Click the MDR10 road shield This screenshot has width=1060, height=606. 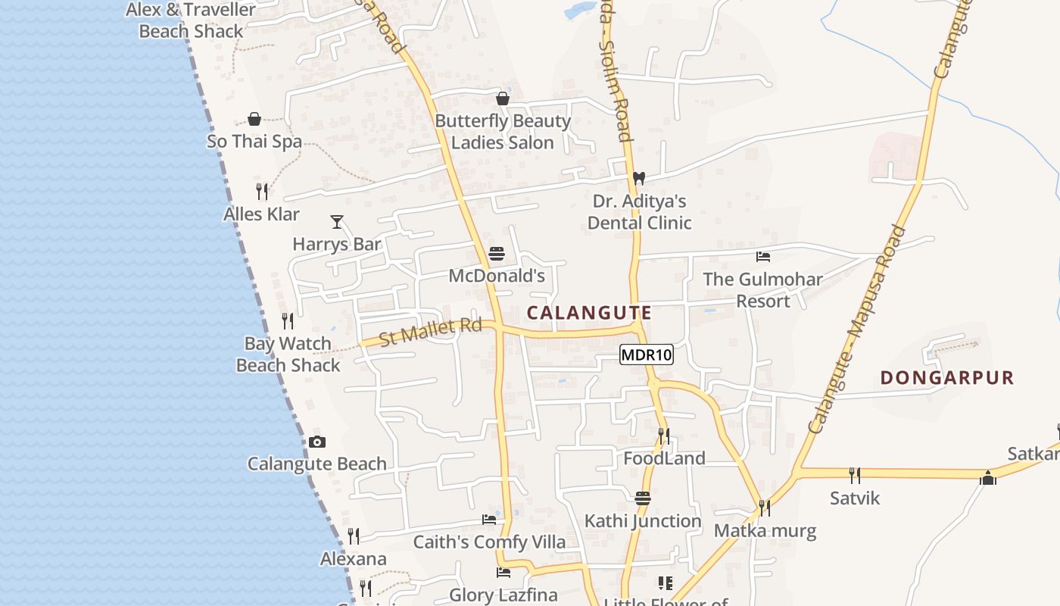(647, 355)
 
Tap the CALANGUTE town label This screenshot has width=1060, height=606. (589, 313)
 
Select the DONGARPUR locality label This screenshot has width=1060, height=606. (946, 377)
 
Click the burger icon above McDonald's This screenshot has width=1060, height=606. (497, 254)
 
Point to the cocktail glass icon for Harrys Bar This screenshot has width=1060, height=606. (337, 222)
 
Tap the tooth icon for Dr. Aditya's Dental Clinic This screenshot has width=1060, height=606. (639, 179)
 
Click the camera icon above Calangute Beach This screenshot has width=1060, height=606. (317, 442)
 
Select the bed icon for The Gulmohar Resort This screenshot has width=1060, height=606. (763, 257)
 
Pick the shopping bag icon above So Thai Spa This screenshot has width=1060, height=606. (254, 120)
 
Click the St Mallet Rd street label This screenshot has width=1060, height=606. (430, 332)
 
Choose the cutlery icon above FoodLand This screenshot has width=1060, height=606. (664, 436)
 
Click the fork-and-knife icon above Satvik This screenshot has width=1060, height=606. (855, 475)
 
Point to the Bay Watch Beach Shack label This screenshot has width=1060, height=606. (288, 355)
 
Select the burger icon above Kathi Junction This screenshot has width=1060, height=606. (643, 498)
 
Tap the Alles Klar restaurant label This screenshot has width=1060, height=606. (261, 214)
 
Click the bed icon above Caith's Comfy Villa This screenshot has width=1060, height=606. (489, 520)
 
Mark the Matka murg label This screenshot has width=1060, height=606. (765, 530)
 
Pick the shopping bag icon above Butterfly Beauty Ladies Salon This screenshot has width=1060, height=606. (503, 98)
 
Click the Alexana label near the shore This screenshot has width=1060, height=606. (354, 559)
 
